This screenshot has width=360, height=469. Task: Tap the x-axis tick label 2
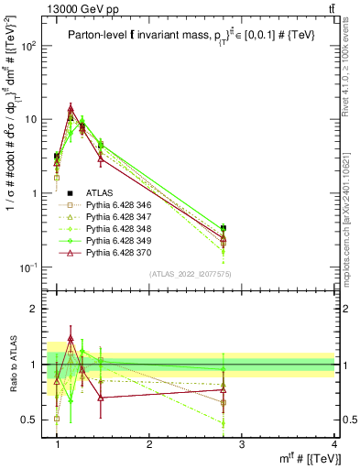pos(149,445)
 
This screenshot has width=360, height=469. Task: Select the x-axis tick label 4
pos(334,445)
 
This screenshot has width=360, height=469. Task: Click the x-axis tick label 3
pos(242,445)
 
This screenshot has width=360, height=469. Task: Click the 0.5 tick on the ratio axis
pos(30,420)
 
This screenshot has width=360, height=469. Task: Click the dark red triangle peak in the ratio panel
pos(71,339)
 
